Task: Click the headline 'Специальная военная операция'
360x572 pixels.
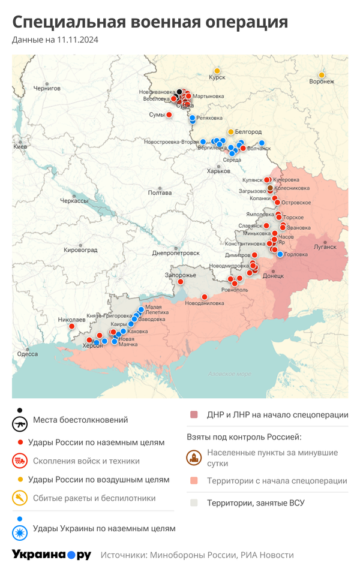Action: [x=150, y=22]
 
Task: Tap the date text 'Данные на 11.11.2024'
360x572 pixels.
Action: [x=55, y=40]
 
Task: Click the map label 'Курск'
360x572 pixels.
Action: [x=217, y=78]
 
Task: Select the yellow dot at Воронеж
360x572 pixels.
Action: [x=322, y=75]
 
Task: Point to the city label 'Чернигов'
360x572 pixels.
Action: [x=47, y=88]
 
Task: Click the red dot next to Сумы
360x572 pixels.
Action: [x=169, y=115]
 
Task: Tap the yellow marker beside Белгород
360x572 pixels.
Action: [x=230, y=131]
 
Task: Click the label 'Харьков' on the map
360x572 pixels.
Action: [x=218, y=171]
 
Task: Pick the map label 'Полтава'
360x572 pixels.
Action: [x=160, y=192]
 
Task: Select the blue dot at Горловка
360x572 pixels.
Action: [x=280, y=254]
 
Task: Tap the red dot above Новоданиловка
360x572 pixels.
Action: [x=205, y=296]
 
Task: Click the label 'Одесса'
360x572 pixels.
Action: [x=28, y=354]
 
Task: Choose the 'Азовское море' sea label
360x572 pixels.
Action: [x=229, y=374]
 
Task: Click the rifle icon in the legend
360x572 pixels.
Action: [x=20, y=423]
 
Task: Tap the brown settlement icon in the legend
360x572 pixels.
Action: [x=194, y=458]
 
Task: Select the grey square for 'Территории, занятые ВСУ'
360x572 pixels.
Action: [x=194, y=503]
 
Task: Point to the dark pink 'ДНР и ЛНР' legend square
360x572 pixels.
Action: [x=194, y=415]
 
